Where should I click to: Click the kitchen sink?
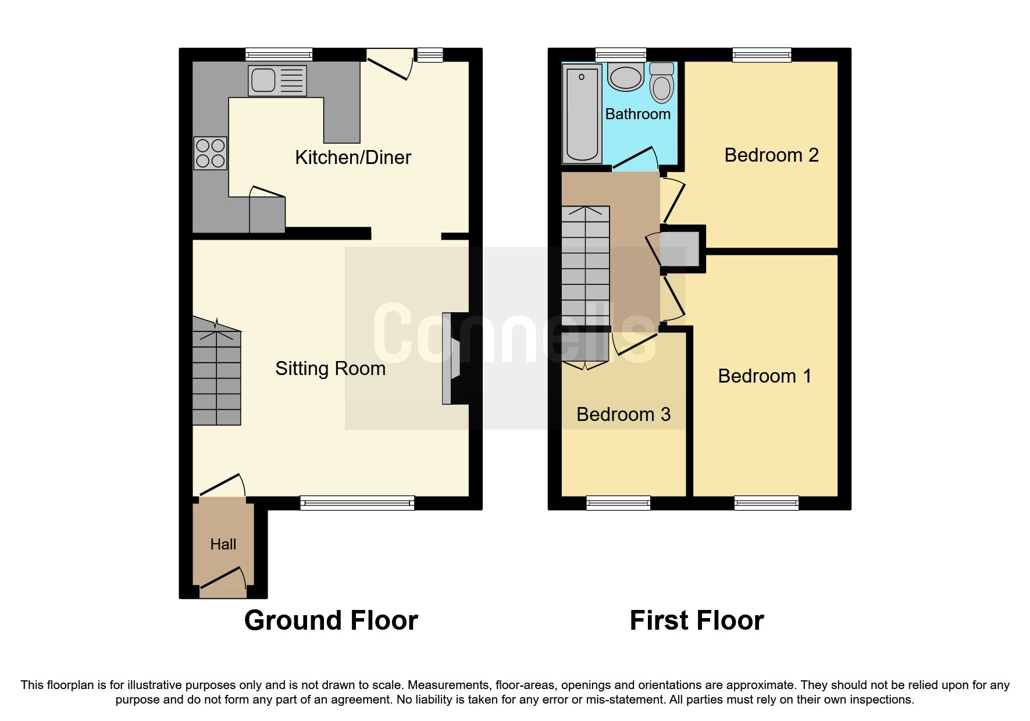pos(277,80)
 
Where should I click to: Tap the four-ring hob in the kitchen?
pos(211,153)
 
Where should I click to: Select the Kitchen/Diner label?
pos(353,158)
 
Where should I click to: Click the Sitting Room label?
pos(330,369)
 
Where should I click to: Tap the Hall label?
pos(223,544)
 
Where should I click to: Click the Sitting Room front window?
pos(357,503)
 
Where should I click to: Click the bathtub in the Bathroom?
pos(582,113)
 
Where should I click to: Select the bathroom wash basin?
pos(626,78)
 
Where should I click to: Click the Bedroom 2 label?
pos(771,155)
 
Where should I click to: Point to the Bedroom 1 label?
pos(764,376)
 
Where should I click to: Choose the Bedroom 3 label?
pos(623,415)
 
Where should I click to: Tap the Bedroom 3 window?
pos(618,503)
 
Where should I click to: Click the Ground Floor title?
pos(331,620)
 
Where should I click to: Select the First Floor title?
pos(696,620)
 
